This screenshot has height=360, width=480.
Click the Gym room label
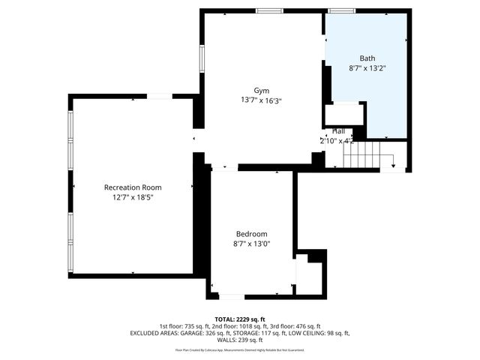point(261,90)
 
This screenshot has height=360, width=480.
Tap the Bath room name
point(367,58)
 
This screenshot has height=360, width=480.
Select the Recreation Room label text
point(133,187)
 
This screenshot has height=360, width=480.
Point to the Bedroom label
point(251,234)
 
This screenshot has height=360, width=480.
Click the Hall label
point(339,131)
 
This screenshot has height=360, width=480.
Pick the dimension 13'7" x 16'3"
point(261,100)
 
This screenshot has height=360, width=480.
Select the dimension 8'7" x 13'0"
point(251,244)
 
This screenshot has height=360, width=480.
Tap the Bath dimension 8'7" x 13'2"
point(367,67)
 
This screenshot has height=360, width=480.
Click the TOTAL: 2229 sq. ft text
point(240,319)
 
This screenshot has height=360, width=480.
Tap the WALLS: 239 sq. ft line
point(240,340)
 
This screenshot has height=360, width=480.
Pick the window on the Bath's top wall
point(342,10)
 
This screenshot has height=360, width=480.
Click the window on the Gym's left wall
point(202,58)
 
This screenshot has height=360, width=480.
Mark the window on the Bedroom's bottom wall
point(231,296)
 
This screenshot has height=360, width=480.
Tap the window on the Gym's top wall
point(268,10)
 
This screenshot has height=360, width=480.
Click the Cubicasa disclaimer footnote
point(240,349)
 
